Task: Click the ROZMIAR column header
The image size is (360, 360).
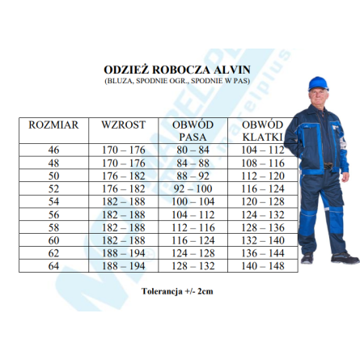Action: point(53,125)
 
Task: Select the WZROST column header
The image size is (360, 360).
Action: point(123,125)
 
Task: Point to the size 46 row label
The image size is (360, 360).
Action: point(53,150)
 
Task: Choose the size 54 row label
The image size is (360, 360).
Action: point(53,201)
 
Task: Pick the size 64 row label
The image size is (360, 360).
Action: point(53,265)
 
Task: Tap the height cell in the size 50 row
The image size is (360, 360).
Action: point(123,176)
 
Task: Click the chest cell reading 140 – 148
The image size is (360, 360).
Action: point(264,265)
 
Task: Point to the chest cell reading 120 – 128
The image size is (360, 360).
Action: point(264,201)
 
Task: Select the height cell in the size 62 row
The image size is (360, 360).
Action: point(123,252)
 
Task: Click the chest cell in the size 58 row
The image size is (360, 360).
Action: point(264,227)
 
